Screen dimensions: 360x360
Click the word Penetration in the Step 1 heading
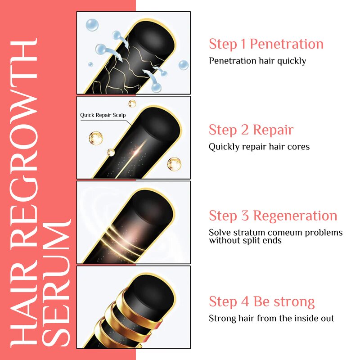286,44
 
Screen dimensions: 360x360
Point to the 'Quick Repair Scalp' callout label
103,115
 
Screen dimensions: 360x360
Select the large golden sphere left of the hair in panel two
96,138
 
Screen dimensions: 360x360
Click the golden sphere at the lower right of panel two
174,163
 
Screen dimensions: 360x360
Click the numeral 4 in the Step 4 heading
246,301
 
